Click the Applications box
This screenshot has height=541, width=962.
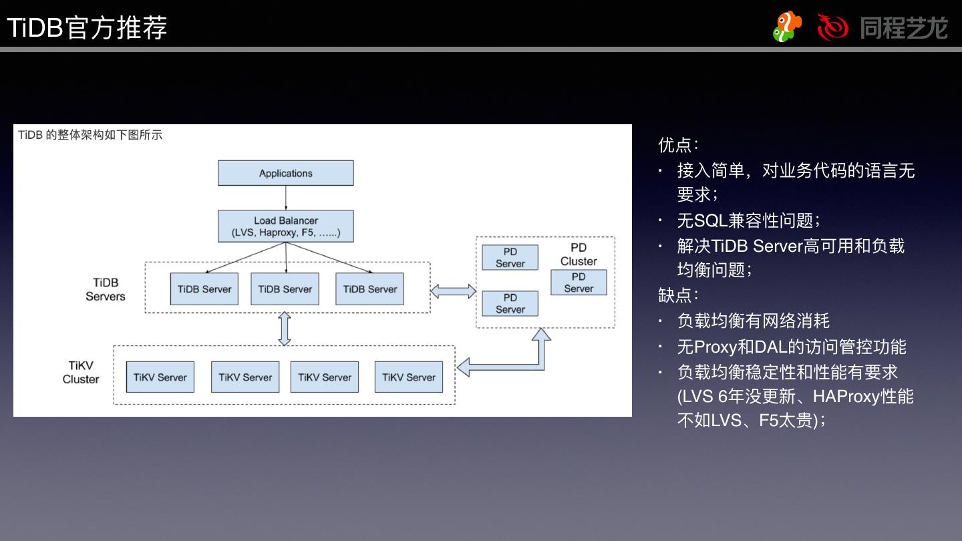[285, 173]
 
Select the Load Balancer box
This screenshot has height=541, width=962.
[285, 226]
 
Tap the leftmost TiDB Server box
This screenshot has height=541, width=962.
[204, 289]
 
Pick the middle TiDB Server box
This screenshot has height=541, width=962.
[285, 289]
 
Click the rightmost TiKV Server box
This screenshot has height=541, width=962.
[408, 377]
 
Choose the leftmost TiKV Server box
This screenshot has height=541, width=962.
[160, 377]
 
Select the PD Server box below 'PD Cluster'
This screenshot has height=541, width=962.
[579, 283]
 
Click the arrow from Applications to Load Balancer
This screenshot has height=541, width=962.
[286, 198]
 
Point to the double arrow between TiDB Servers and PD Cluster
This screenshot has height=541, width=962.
[453, 291]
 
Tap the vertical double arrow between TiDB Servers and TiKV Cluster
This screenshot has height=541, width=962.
[285, 329]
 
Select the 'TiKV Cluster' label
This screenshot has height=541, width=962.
[81, 373]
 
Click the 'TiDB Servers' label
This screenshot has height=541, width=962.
[106, 290]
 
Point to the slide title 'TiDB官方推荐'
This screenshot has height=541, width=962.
[87, 28]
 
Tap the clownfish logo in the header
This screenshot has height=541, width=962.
[787, 27]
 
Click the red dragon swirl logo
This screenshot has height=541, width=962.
[832, 27]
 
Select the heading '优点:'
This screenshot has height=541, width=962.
[678, 144]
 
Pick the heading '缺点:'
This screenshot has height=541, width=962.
[678, 295]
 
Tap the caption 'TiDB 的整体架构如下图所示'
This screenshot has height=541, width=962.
[90, 135]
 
